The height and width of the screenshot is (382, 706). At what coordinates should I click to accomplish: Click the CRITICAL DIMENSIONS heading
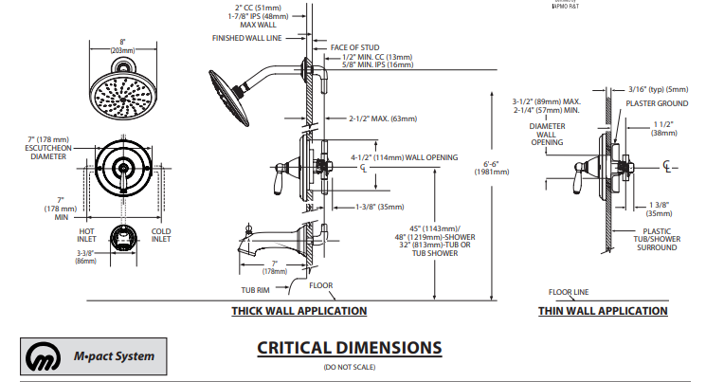point(349,348)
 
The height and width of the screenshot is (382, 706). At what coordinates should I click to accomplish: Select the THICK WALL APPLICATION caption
point(299,310)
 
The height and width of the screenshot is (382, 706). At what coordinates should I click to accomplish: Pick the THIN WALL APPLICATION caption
point(602,310)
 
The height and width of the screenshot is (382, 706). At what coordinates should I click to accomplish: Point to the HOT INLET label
point(86,234)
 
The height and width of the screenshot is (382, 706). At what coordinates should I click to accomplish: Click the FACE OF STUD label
point(354,46)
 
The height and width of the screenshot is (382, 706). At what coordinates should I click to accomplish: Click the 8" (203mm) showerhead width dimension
point(123,45)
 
